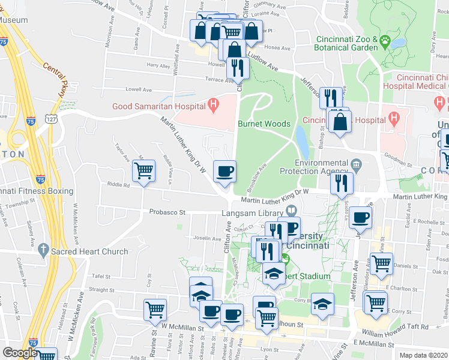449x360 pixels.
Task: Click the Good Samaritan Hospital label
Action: click(159, 107)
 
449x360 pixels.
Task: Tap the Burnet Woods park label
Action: click(264, 124)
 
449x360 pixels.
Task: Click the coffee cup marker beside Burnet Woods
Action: click(225, 172)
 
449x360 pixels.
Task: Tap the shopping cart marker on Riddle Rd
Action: click(144, 171)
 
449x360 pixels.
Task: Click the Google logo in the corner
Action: click(19, 353)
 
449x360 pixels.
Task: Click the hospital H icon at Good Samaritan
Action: click(212, 106)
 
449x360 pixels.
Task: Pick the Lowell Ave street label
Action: click(139, 89)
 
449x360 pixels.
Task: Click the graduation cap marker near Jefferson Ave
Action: click(323, 304)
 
